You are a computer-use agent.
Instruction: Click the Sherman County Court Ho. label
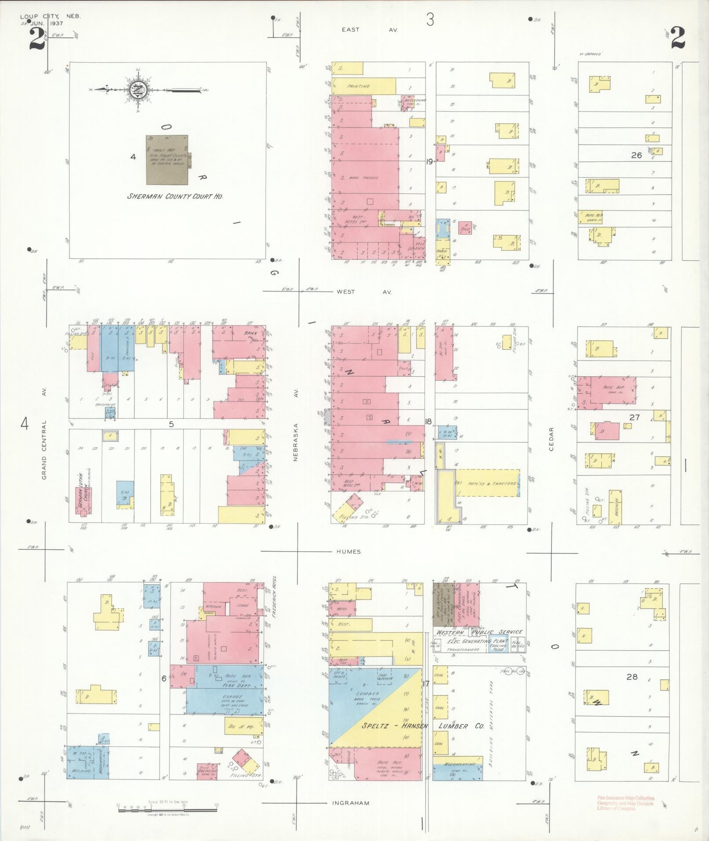[175, 197]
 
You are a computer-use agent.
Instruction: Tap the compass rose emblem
[137, 90]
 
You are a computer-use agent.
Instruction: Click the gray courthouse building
[167, 160]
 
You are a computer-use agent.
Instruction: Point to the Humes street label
[349, 551]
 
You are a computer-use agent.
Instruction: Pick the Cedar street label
[551, 439]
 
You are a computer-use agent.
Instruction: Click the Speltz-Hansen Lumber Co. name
[423, 726]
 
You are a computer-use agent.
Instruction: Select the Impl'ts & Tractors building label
[485, 483]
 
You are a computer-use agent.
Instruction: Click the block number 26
[636, 155]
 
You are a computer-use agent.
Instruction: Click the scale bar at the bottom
[167, 809]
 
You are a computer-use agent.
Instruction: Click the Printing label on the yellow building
[359, 87]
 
